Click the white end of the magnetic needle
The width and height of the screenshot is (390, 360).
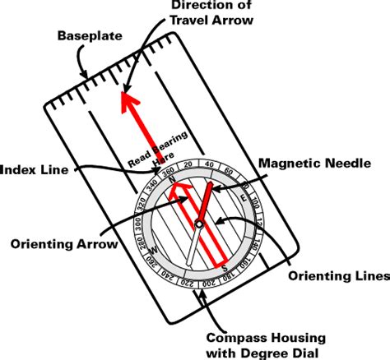[190, 256]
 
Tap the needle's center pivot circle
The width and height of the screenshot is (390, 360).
[199, 224]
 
